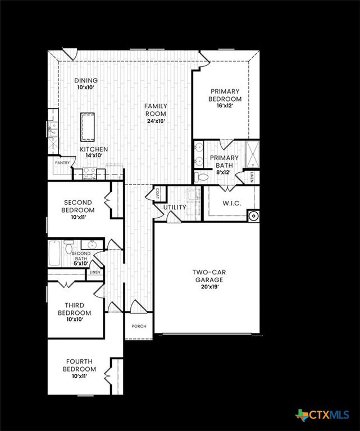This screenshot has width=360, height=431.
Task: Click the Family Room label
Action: coord(156,109)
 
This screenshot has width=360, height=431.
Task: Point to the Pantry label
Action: coord(62,163)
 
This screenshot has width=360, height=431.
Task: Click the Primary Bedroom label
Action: coord(225,95)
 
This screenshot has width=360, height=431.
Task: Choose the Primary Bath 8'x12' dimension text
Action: coord(225,172)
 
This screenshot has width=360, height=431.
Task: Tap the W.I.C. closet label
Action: coord(231,203)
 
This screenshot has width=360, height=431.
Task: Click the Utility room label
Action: coord(175,208)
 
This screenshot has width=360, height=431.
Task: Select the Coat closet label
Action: coord(157,192)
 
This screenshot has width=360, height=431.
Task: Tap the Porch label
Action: coord(139,326)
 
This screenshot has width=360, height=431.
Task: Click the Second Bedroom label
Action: coord(78,206)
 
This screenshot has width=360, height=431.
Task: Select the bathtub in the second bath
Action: coord(55,253)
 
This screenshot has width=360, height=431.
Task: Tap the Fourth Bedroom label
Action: coord(80,365)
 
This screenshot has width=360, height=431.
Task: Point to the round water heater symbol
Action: coord(254,214)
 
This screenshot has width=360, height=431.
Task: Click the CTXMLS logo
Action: coord(323,415)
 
